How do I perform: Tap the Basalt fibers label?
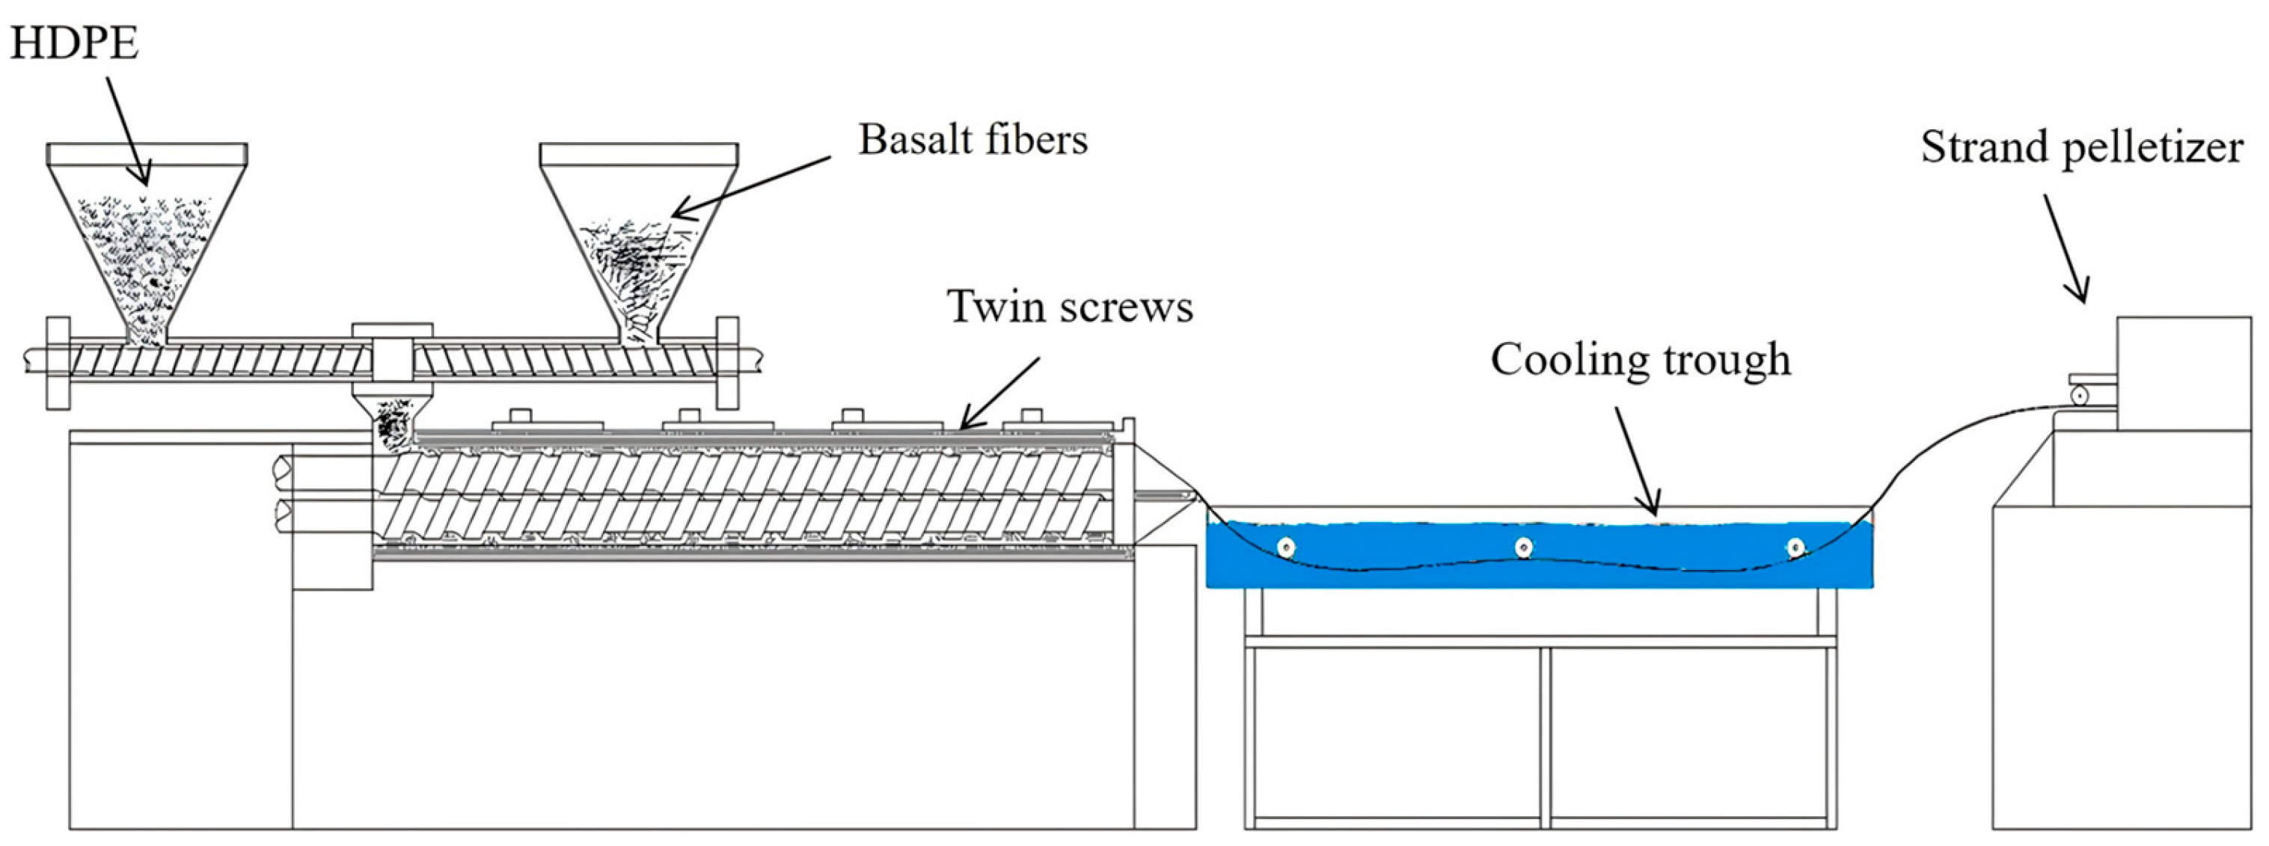(x=973, y=140)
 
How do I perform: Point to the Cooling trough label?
(x=1640, y=360)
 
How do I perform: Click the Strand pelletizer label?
(x=2081, y=147)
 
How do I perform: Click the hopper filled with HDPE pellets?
(x=146, y=238)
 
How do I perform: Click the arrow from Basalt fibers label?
(x=751, y=188)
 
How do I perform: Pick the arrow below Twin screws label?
(x=999, y=393)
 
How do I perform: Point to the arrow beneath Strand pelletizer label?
(x=2065, y=248)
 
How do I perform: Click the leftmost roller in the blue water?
(x=1286, y=548)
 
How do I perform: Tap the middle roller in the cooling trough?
(x=1524, y=548)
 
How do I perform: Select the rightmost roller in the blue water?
(x=1795, y=548)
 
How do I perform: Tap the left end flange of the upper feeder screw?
(x=58, y=362)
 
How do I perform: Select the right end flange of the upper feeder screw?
(x=728, y=362)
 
